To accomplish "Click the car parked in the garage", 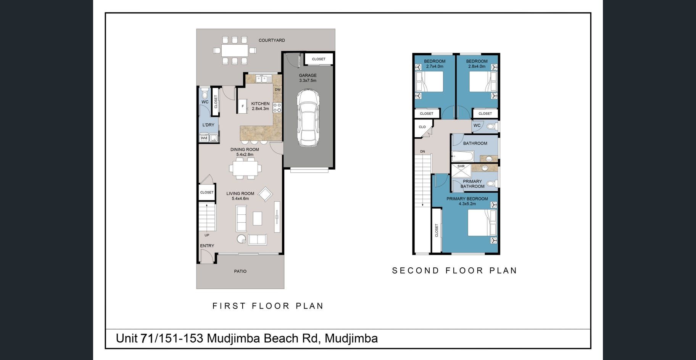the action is (308, 118).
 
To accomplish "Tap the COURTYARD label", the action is (272, 40).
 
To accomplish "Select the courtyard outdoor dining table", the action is (235, 50).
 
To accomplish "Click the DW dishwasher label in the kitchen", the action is (277, 90).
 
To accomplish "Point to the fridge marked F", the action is (243, 106).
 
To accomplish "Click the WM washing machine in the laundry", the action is (204, 138).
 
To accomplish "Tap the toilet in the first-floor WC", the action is (205, 93).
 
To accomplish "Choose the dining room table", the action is (245, 168).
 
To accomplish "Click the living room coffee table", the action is (258, 218).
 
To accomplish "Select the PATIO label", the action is (240, 272).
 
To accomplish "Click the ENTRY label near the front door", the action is (207, 246).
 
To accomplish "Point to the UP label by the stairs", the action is (207, 235).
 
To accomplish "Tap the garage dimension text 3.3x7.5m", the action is (308, 81).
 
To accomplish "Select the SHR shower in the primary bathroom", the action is (461, 170).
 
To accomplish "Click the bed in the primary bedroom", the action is (483, 223).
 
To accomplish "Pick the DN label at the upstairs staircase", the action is (422, 152).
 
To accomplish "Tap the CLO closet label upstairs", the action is (422, 127).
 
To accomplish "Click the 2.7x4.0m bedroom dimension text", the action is (435, 66).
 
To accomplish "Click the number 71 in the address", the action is (147, 338).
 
